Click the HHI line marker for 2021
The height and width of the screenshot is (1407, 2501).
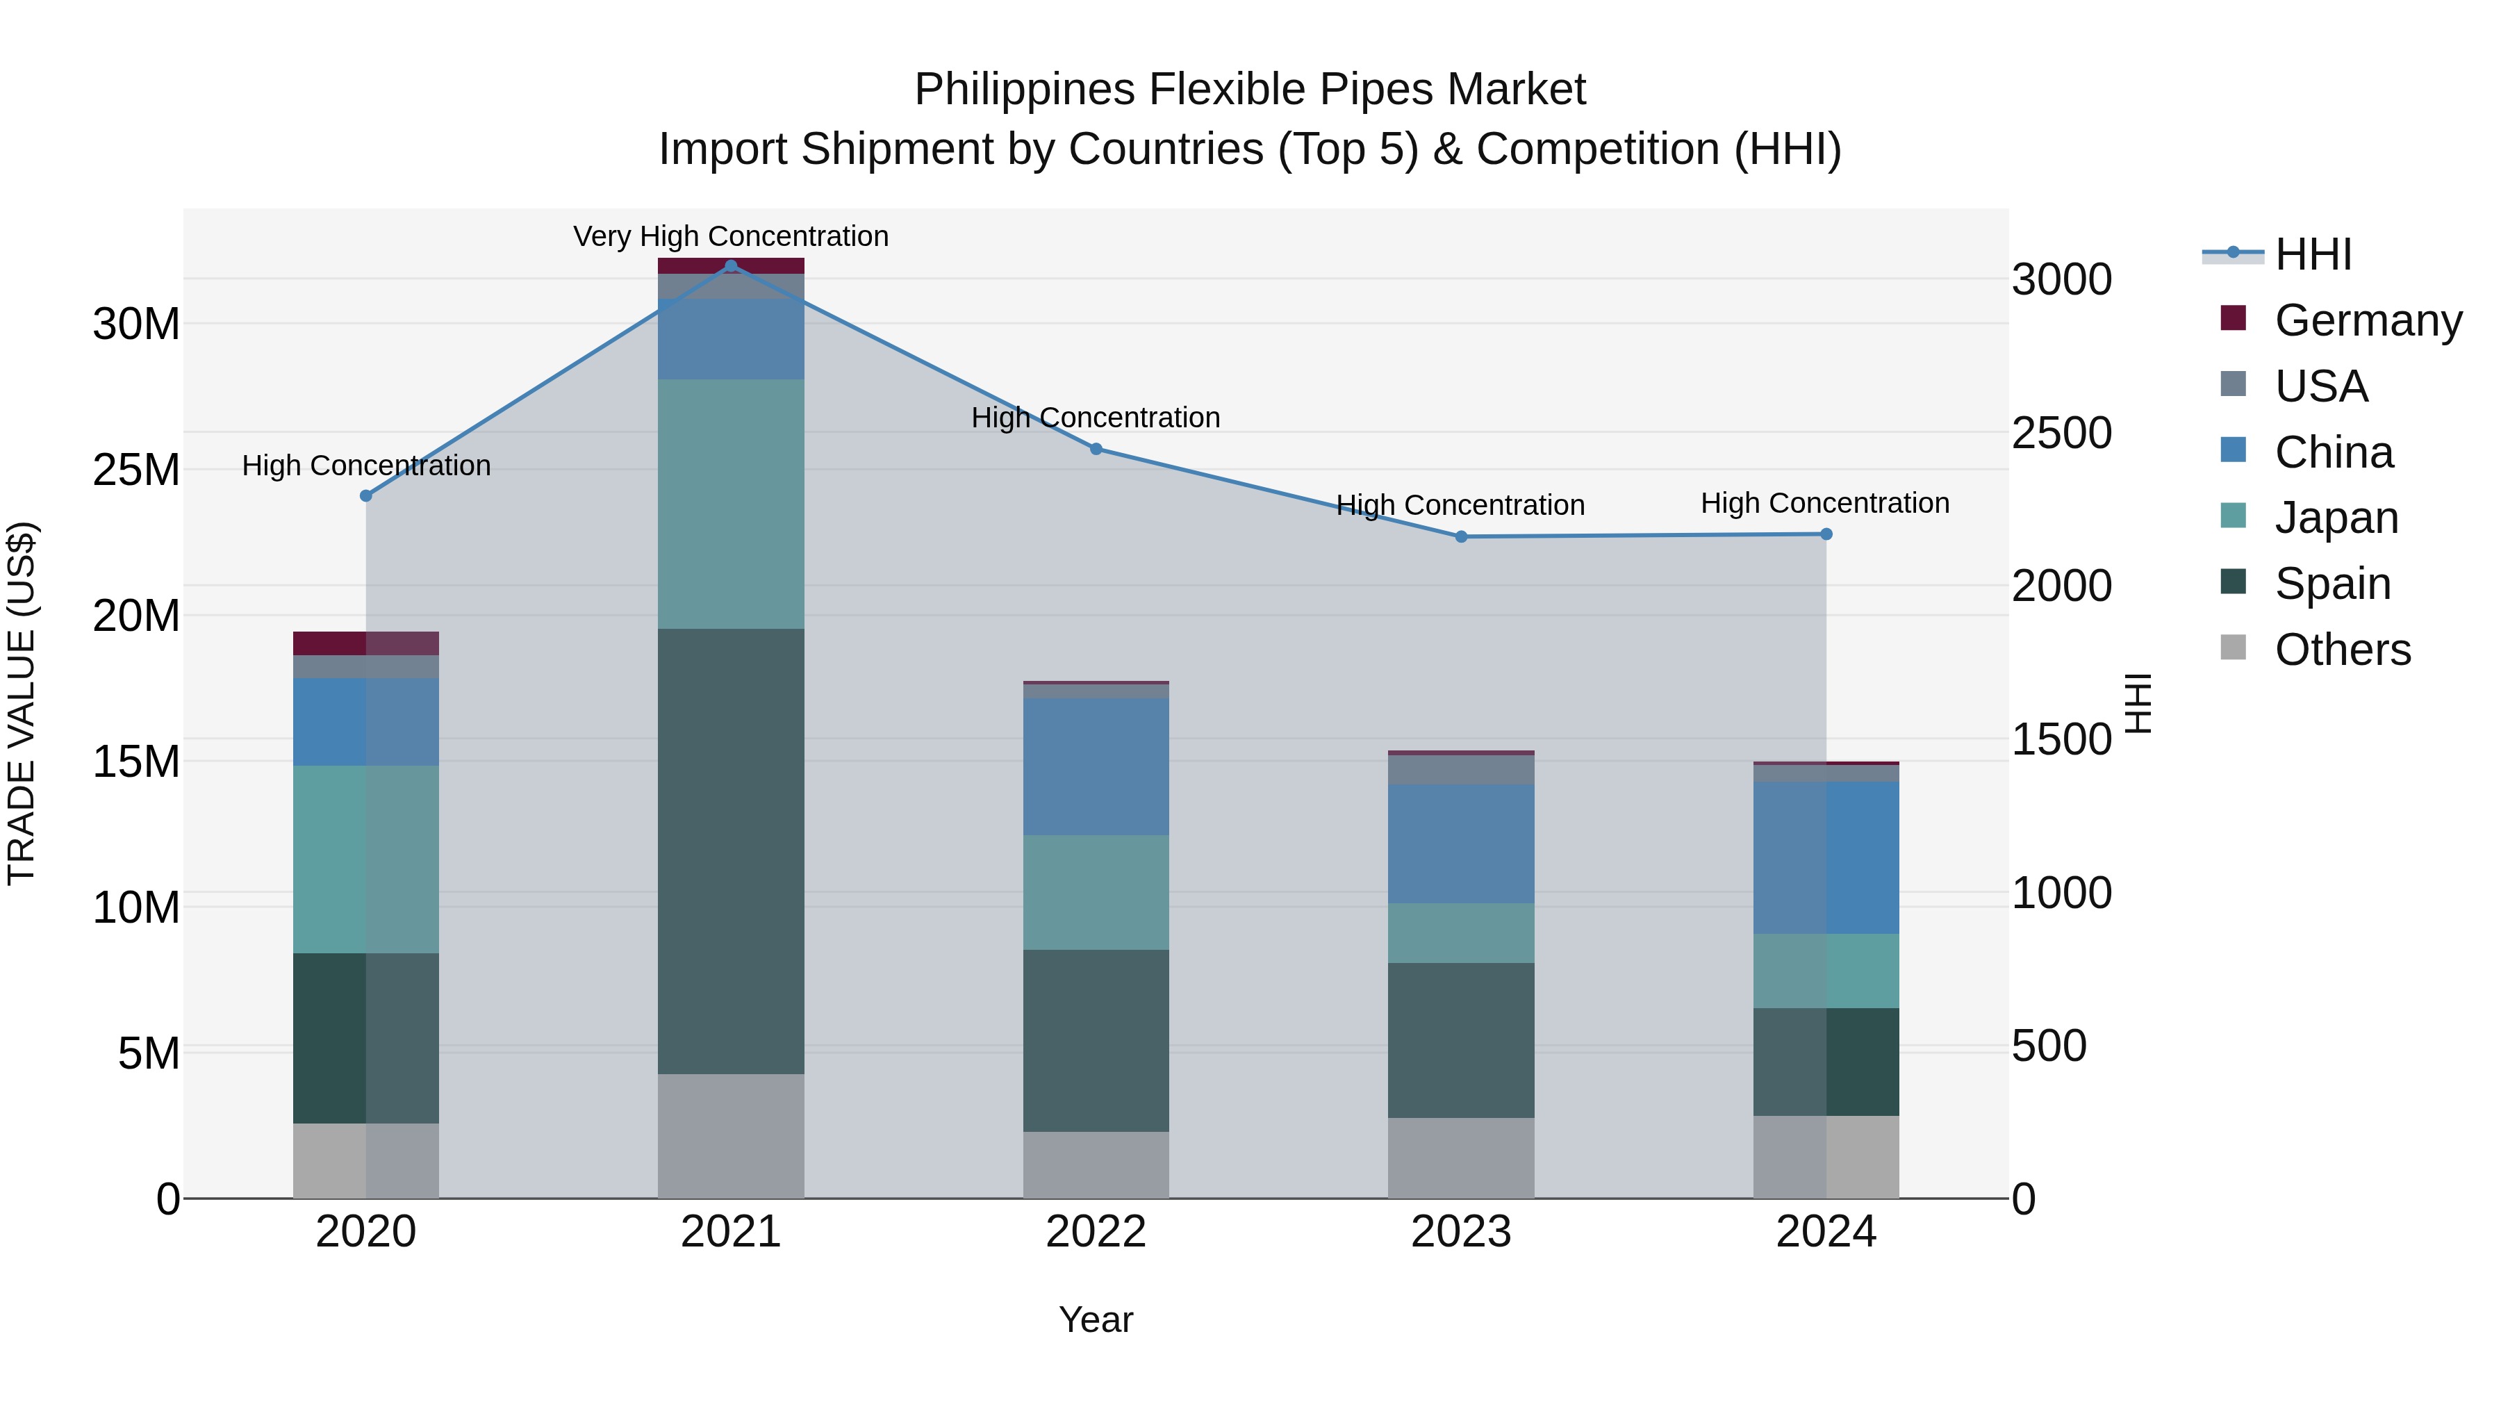coord(731,266)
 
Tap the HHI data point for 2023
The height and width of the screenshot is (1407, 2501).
coord(1460,537)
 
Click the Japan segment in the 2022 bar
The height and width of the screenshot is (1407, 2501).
coord(1096,892)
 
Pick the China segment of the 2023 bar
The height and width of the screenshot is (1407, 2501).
coord(1460,844)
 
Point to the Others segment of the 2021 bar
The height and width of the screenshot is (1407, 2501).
coord(731,1135)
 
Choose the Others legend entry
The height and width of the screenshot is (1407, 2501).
coord(2342,650)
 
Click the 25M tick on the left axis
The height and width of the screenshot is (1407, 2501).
coord(136,470)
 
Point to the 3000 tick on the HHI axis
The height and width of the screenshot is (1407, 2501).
coord(2061,279)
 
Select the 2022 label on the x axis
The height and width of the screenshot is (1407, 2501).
coord(1096,1232)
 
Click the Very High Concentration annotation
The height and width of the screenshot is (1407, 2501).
coord(731,236)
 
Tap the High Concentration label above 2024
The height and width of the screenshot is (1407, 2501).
coord(1824,503)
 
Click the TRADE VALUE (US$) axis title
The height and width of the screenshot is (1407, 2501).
coord(22,703)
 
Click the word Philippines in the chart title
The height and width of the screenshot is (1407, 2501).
coord(1023,90)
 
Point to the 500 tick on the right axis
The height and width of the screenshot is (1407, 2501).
coord(2049,1046)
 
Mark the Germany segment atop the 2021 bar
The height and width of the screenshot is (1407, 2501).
coord(731,266)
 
